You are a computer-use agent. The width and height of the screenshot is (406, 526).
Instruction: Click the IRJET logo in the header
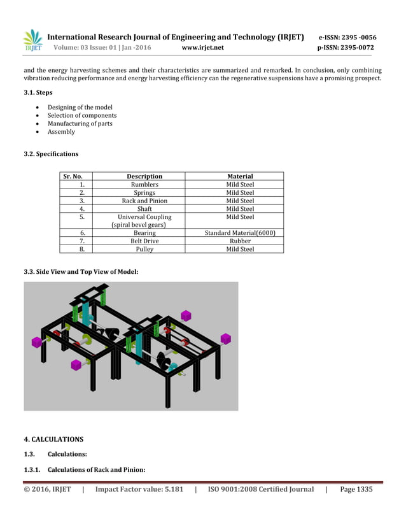click(x=32, y=41)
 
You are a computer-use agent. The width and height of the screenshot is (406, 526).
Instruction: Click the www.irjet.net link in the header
click(x=202, y=48)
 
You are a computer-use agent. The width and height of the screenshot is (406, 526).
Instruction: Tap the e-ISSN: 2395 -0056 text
click(x=347, y=37)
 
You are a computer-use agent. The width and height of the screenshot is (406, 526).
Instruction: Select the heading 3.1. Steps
click(x=38, y=93)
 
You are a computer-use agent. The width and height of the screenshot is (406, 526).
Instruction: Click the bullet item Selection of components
click(x=82, y=115)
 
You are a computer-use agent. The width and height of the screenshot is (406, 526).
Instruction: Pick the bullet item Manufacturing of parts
click(x=80, y=124)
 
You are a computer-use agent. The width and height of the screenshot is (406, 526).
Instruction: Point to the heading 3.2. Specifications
click(x=51, y=154)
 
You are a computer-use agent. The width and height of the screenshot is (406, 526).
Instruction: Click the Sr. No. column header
click(x=73, y=176)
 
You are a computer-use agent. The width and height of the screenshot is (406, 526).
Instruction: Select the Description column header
click(x=144, y=176)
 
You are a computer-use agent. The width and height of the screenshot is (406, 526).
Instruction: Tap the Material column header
click(x=240, y=176)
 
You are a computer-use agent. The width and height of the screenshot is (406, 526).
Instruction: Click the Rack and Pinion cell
click(x=144, y=201)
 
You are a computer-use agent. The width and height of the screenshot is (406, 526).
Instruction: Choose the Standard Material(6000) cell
click(x=240, y=233)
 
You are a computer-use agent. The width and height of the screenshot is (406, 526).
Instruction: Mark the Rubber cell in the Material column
click(x=240, y=241)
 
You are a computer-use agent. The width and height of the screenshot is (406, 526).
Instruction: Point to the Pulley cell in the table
click(x=144, y=250)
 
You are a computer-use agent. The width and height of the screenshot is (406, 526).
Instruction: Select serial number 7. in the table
click(x=82, y=241)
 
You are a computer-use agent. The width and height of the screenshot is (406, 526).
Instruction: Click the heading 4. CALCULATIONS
click(x=53, y=439)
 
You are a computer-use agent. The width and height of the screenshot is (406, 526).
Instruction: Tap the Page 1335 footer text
click(x=356, y=489)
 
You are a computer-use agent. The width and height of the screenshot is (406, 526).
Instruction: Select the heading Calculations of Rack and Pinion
click(x=97, y=470)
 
